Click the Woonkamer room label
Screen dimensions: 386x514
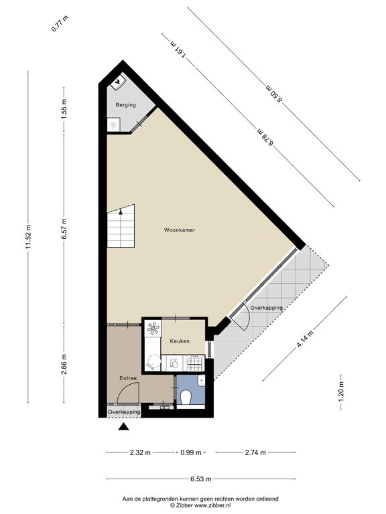click(180, 230)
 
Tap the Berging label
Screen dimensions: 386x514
click(125, 105)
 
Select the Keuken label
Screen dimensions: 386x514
click(180, 341)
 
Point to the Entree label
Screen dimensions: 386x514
click(128, 378)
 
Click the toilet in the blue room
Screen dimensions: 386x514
click(186, 398)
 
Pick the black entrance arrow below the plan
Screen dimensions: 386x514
click(123, 426)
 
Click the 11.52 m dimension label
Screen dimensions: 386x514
click(28, 237)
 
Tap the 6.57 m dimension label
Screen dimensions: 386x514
click(64, 228)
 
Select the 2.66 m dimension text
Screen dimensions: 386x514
click(64, 364)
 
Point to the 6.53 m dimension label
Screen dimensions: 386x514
click(201, 479)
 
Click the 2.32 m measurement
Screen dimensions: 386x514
click(140, 452)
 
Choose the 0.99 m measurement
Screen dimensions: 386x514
click(191, 452)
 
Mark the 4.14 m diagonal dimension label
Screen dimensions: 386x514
click(305, 338)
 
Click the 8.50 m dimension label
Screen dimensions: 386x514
click(273, 94)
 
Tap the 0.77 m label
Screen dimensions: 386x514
click(60, 24)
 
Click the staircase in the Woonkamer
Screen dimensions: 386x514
click(121, 226)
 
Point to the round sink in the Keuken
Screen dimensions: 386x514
click(153, 363)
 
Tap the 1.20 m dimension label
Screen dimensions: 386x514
click(342, 392)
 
